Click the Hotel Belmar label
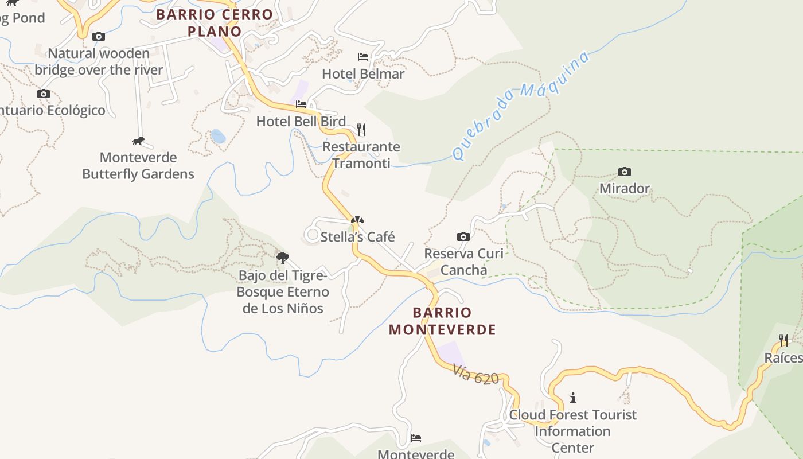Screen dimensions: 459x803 pos(363,74)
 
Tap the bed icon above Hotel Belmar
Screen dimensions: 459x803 pos(363,56)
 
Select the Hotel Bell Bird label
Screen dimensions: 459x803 pos(301,122)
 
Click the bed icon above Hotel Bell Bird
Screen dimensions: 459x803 pos(301,104)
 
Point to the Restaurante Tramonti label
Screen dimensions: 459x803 pos(361,155)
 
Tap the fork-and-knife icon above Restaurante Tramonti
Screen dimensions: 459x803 pos(361,129)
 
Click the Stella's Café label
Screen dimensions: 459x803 pos(358,237)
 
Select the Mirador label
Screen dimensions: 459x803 pos(625,189)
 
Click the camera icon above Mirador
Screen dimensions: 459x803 pos(625,172)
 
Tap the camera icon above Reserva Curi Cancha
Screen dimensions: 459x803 pos(463,236)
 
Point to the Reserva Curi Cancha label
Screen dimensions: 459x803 pos(463,262)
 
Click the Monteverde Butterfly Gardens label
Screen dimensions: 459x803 pos(138,166)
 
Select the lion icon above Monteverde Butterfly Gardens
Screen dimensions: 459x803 pos(138,141)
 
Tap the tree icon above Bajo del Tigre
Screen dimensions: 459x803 pos(282,258)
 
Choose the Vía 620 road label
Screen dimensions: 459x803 pos(475,374)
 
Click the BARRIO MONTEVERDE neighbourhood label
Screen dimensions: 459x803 pos(442,321)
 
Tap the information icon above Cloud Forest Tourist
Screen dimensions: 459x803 pos(572,397)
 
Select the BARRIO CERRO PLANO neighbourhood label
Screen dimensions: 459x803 pos(215,22)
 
